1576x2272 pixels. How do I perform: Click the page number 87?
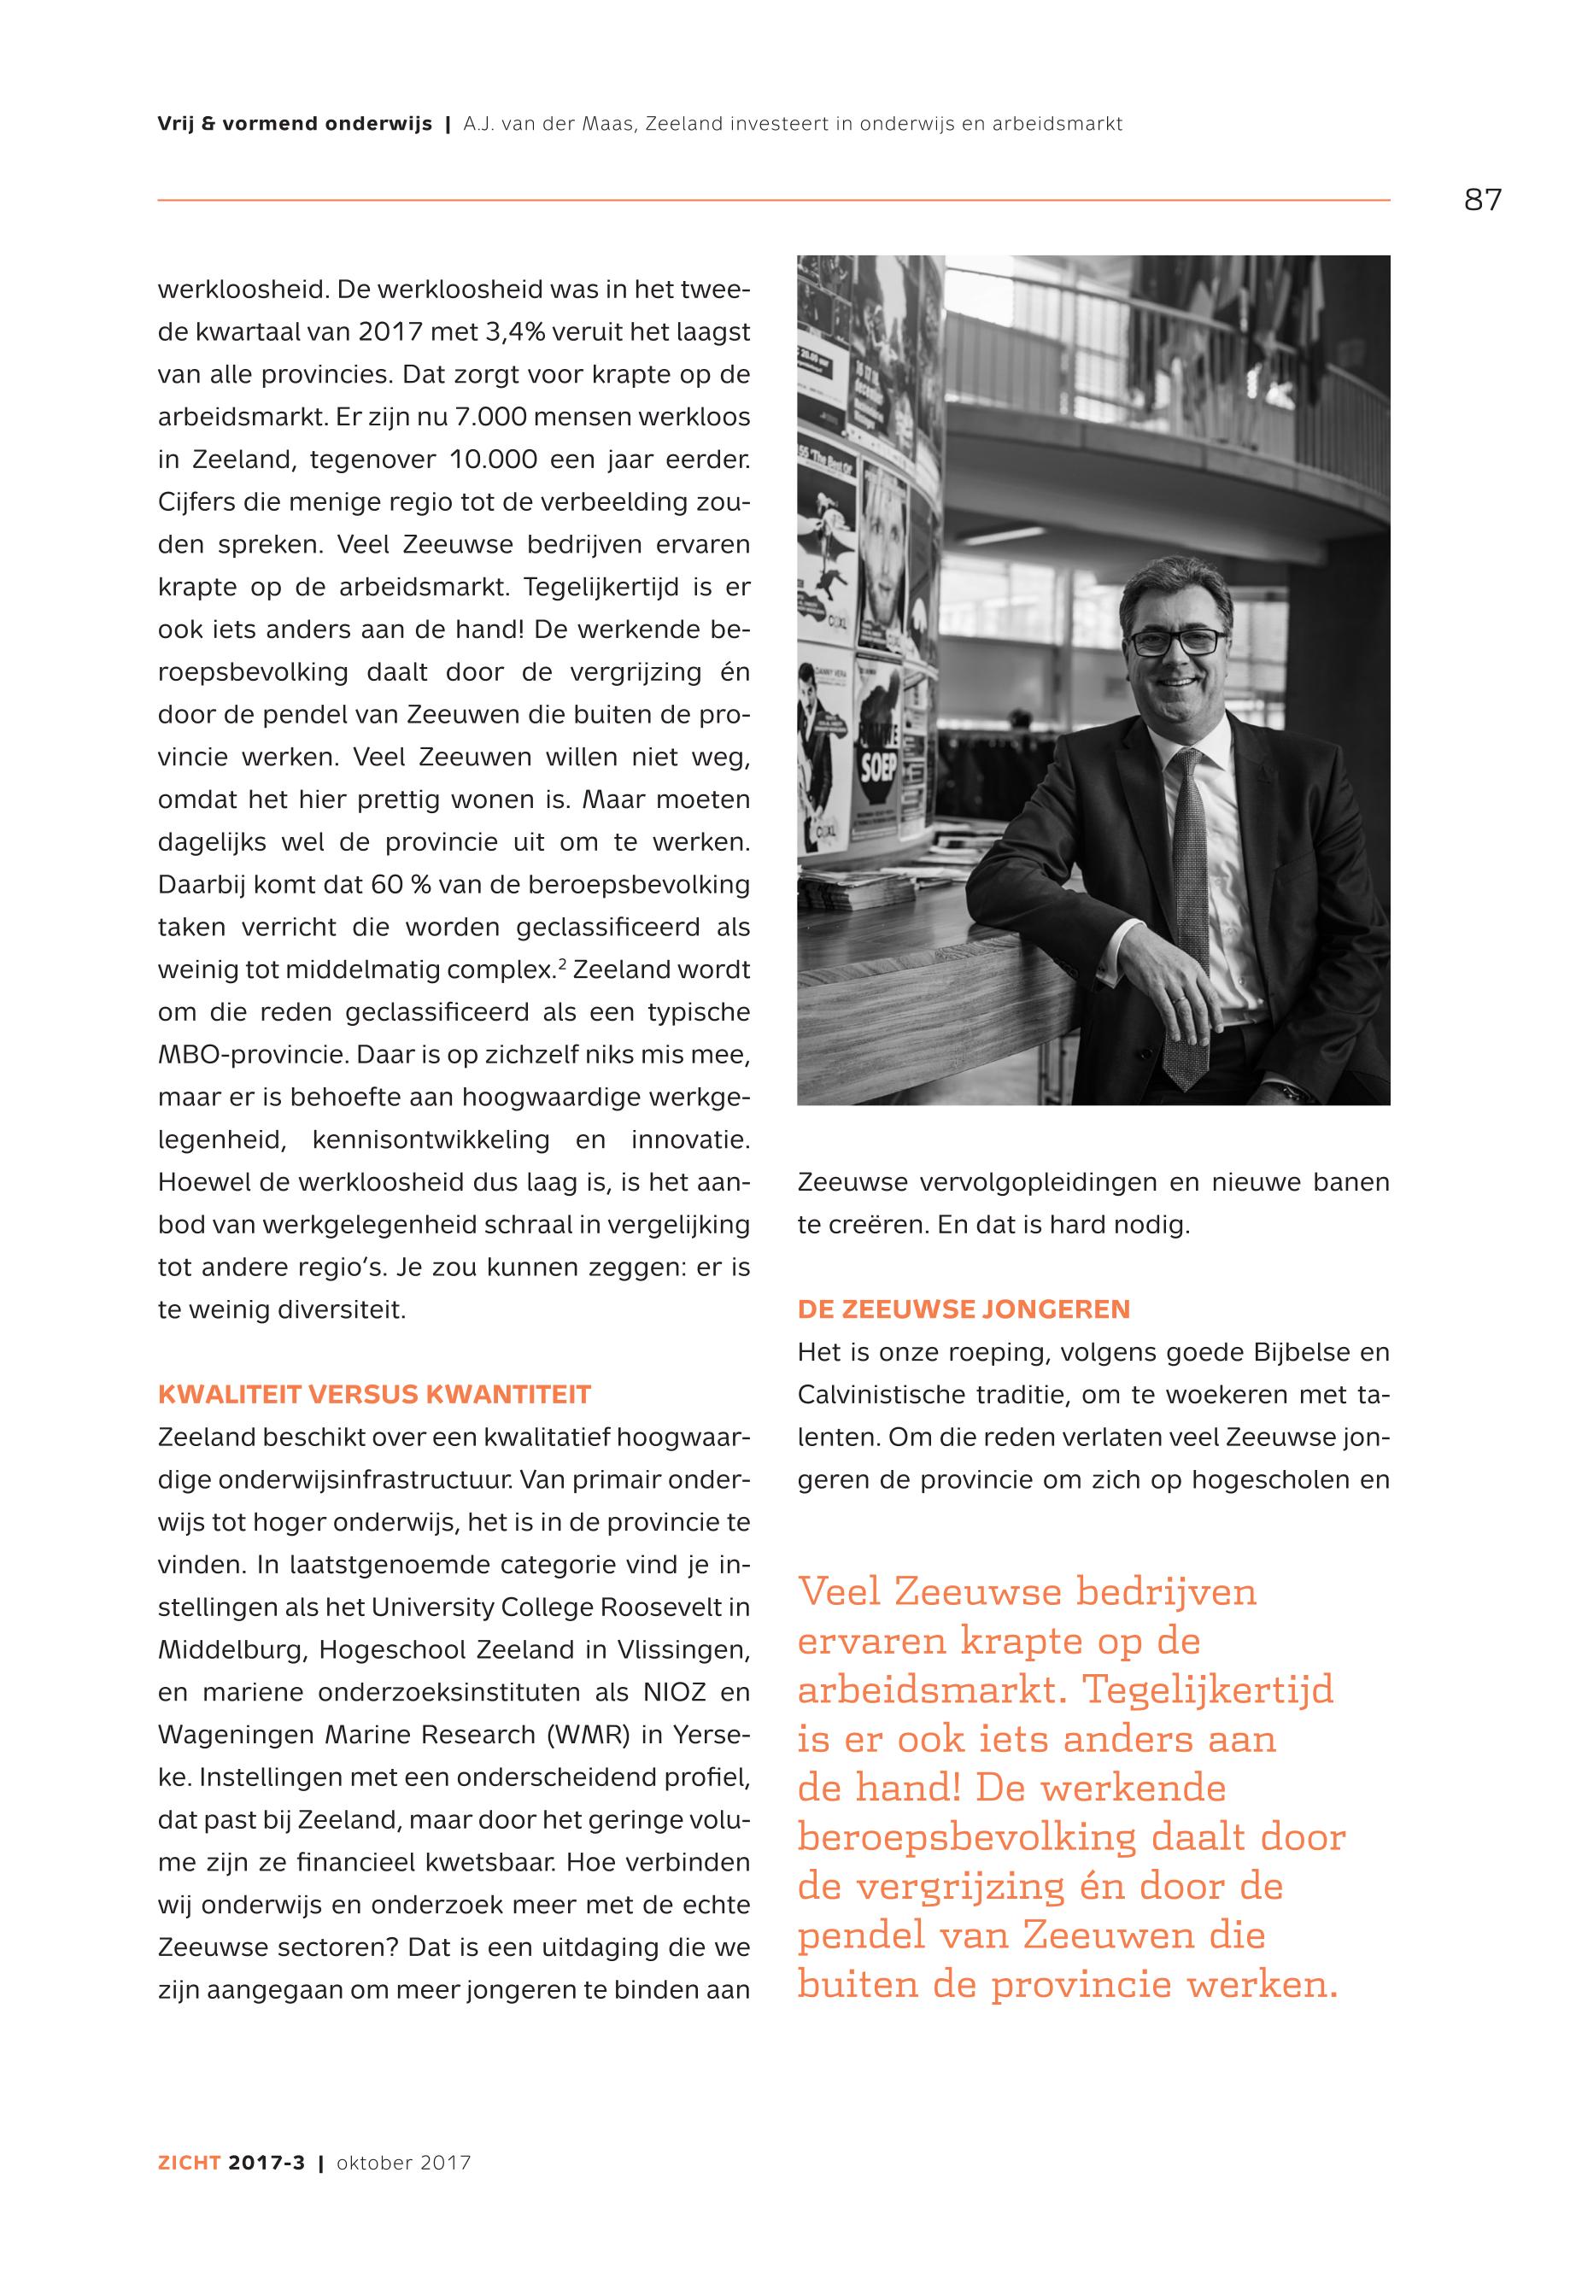(x=1482, y=200)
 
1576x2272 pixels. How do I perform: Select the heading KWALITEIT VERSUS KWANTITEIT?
(x=374, y=1394)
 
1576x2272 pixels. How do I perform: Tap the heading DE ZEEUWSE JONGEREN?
(x=964, y=1309)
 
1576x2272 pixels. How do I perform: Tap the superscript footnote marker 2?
(x=562, y=963)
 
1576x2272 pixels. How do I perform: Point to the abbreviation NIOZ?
(x=675, y=1691)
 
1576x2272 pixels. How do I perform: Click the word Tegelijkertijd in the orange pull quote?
(x=1209, y=1689)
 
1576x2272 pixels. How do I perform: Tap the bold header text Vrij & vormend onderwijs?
(x=294, y=125)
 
